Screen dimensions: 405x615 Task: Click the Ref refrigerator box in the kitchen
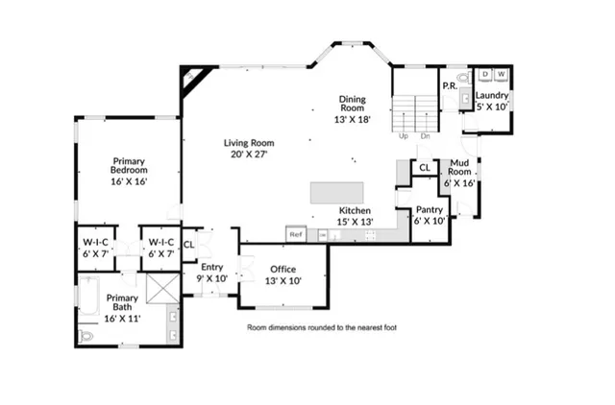(x=296, y=234)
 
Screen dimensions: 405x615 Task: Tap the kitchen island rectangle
(x=337, y=191)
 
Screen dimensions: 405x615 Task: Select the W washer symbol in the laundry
(x=502, y=75)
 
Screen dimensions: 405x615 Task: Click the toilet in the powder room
(x=461, y=77)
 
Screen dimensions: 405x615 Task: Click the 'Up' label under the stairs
(x=405, y=136)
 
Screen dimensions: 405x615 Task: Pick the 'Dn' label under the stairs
(x=424, y=136)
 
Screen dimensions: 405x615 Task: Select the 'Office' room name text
(x=283, y=269)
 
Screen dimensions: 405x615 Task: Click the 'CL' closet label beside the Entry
(x=189, y=244)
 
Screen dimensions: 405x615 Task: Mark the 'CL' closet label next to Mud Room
(x=424, y=168)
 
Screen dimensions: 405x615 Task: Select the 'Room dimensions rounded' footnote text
(x=321, y=327)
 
